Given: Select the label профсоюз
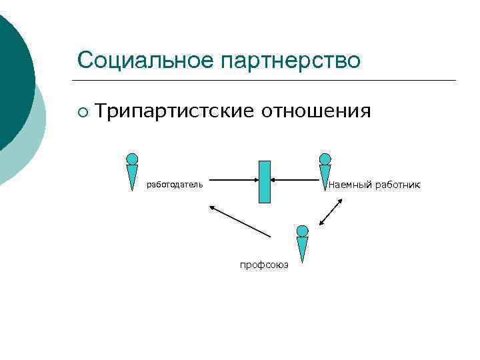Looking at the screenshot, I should pos(264,265).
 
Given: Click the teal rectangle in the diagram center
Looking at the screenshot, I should pos(265,181).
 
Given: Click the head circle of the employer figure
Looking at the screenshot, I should pos(133,159).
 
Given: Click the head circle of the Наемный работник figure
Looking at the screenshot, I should pos(325,159).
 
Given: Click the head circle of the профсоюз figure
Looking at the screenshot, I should pos(303,231).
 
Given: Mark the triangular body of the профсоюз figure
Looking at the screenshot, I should pos(303,248).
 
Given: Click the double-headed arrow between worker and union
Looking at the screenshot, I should pos(331,213).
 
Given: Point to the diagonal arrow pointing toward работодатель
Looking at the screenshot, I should pos(240,221).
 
